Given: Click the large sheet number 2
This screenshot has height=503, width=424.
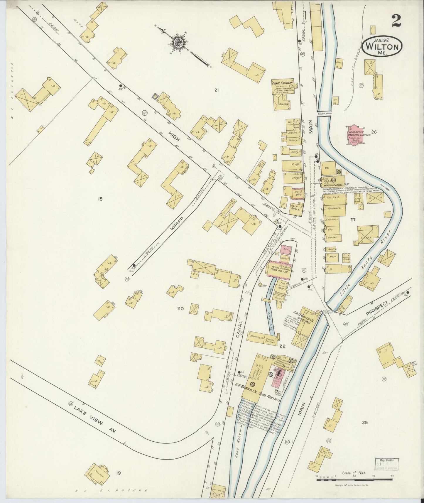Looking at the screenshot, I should pyautogui.click(x=396, y=21).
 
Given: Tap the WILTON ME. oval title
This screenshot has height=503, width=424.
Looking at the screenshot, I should pyautogui.click(x=382, y=47).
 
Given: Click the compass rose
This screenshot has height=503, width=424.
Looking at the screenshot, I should pyautogui.click(x=178, y=42).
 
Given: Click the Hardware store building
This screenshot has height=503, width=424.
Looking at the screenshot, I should pyautogui.click(x=334, y=208).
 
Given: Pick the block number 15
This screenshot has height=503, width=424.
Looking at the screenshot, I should pyautogui.click(x=100, y=199).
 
